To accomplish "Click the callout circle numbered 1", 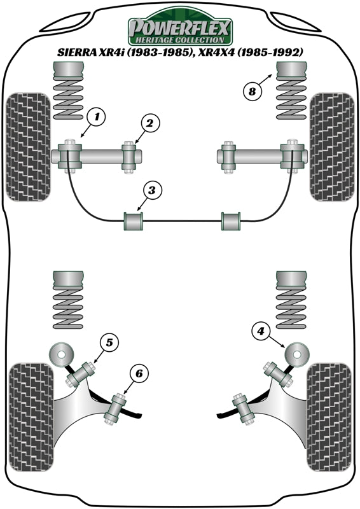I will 97,116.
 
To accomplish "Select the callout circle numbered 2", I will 148,123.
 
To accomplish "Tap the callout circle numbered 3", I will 152,190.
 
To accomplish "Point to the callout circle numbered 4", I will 260,330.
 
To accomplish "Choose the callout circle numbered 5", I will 109,343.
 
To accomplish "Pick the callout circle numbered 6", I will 139,373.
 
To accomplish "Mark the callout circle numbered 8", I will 252,91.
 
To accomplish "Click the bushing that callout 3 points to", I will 134,221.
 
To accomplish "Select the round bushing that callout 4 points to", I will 296,352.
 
